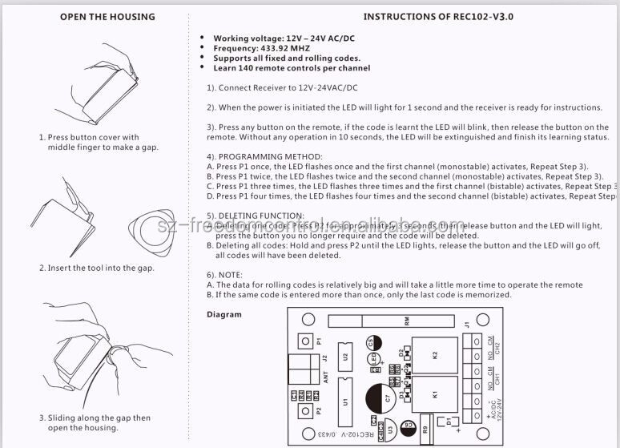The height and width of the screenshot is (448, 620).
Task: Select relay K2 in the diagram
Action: [x=435, y=355]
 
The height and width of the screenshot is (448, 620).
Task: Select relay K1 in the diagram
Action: [x=435, y=394]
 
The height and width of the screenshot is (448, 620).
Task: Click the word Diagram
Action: [x=224, y=314]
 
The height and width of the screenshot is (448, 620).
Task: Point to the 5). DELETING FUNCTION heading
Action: [x=255, y=216]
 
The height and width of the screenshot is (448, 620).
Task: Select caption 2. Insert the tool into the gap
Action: [x=96, y=268]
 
